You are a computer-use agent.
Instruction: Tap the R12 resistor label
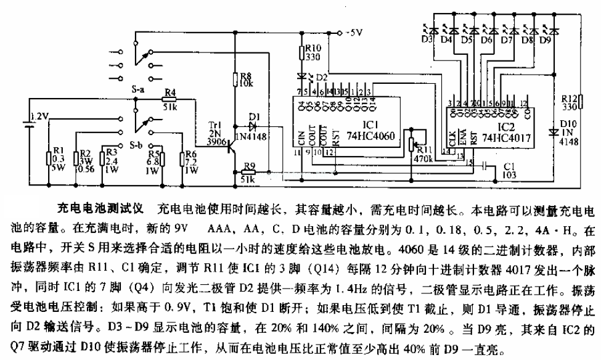pos(568,99)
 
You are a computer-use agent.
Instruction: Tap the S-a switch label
pos(137,89)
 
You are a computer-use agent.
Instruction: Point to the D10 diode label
pos(570,132)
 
